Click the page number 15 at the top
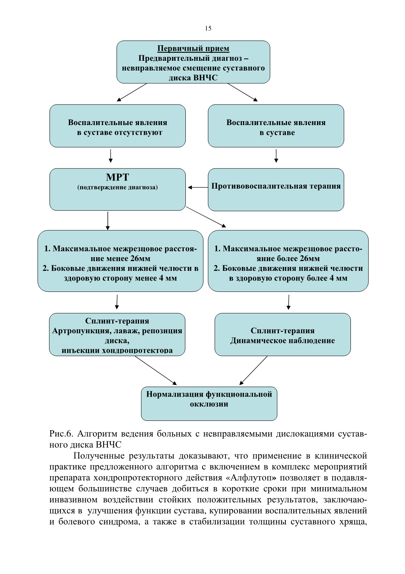pos(208,28)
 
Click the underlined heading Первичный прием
pos(193,48)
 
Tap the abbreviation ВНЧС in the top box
pos(205,78)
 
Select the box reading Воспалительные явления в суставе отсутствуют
pos(118,126)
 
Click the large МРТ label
pos(118,177)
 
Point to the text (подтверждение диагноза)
pos(118,187)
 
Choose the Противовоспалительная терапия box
pos(276,190)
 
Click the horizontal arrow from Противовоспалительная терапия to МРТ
pos(198,187)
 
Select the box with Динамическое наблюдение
pos(283,334)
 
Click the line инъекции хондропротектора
pos(117,350)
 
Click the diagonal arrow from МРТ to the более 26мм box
pos(206,217)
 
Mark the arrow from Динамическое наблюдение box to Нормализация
pos(254,370)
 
